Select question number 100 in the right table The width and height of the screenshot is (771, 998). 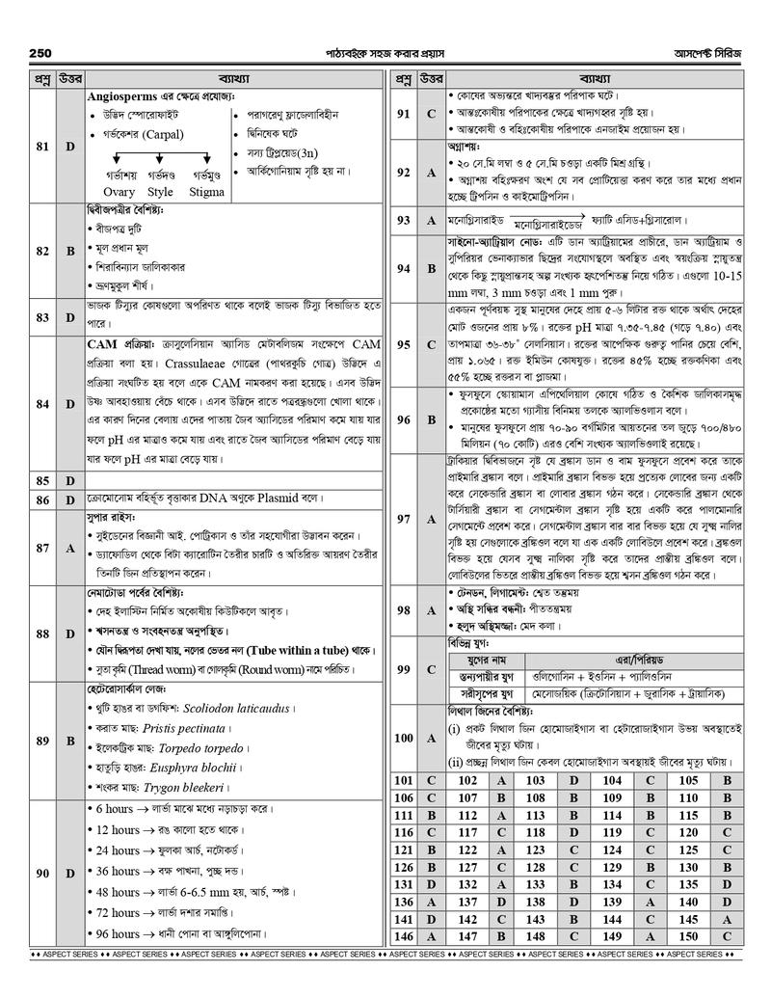tap(404, 737)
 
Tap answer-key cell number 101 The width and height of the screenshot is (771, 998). tap(404, 779)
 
